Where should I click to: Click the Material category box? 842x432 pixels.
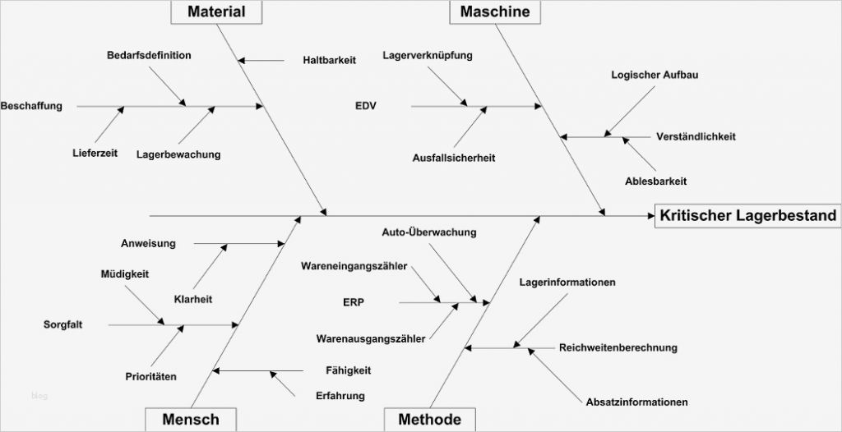click(216, 11)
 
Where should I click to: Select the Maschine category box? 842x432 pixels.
click(494, 11)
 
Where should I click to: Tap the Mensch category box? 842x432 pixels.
click(191, 420)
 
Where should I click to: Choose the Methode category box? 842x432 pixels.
click(429, 420)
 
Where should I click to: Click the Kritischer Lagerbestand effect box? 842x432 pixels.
click(747, 216)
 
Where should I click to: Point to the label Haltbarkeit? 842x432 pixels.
click(329, 60)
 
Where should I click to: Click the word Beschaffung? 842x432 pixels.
click(31, 106)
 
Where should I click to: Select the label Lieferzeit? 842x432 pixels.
click(95, 153)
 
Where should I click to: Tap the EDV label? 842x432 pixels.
click(366, 106)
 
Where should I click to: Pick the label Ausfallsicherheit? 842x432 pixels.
click(454, 158)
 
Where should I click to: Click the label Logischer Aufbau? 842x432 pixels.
click(655, 75)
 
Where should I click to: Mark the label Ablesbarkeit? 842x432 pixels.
click(655, 181)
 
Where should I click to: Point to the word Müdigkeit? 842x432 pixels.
click(125, 273)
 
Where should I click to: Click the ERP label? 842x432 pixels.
click(354, 302)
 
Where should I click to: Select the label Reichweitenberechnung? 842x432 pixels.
click(618, 347)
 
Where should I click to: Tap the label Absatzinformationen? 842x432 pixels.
click(637, 402)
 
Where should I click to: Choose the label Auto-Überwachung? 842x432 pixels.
click(429, 232)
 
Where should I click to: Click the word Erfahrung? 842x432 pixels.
click(340, 396)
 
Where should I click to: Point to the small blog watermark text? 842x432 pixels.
click(39, 396)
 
